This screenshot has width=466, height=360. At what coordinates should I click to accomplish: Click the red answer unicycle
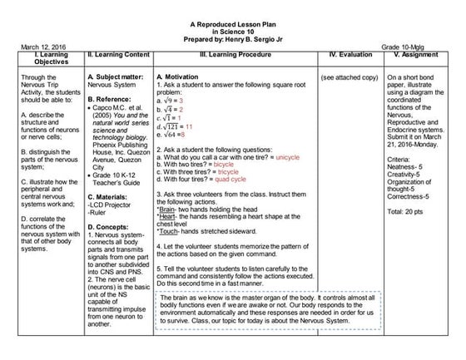[286, 156]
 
